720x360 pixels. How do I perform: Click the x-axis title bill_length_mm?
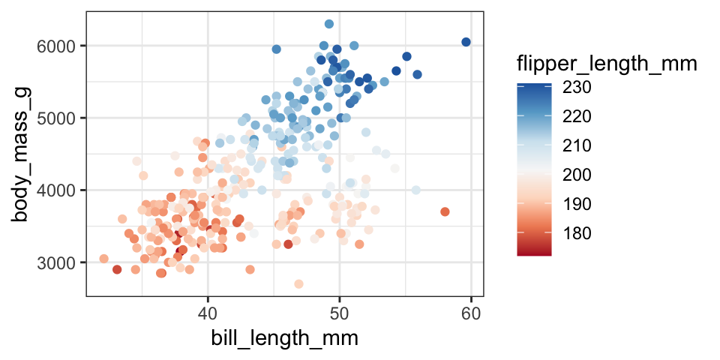point(283,338)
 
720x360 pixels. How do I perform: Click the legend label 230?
point(577,88)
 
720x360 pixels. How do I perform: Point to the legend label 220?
point(577,117)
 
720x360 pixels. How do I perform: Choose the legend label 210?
point(577,146)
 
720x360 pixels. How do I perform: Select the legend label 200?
point(577,175)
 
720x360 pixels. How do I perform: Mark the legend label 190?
point(577,205)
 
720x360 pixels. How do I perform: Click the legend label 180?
point(577,234)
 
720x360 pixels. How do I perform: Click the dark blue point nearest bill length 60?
point(466,42)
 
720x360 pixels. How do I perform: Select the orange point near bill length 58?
point(445,211)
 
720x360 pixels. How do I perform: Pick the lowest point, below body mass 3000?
point(298,283)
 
